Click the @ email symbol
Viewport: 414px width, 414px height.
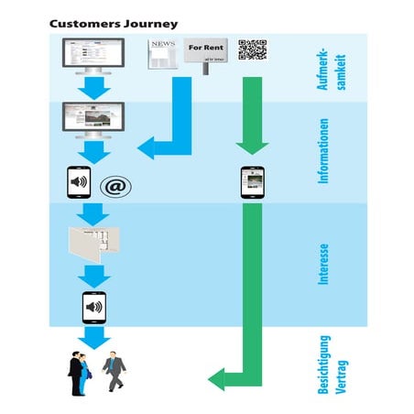point(115,186)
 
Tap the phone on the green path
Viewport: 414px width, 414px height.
point(251,182)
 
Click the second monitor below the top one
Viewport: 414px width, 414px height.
point(93,119)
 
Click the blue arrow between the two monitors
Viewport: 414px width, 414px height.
point(93,89)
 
